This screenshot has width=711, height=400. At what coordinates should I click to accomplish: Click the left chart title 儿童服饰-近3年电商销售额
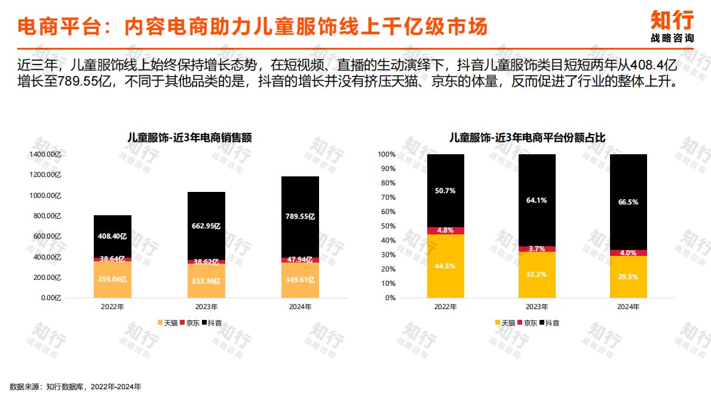[x=189, y=137]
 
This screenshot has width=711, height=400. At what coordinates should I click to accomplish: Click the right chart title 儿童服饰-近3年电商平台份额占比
[x=528, y=137]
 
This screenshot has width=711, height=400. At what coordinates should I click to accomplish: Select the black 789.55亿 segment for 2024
[x=300, y=216]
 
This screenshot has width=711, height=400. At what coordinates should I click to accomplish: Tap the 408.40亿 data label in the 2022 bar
[x=112, y=236]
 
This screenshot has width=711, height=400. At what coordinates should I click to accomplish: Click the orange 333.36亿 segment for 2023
[x=206, y=281]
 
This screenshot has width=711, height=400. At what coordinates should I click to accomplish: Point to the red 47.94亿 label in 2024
[x=300, y=260]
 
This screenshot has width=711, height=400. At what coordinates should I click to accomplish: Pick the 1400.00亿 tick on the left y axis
[x=46, y=154]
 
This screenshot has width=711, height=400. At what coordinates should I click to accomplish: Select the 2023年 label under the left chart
[x=206, y=307]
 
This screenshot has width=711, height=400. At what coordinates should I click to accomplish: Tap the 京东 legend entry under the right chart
[x=527, y=323]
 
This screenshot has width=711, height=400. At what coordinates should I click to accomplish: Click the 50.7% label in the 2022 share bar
[x=446, y=191]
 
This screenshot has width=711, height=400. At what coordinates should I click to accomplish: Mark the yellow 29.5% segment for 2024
[x=629, y=277]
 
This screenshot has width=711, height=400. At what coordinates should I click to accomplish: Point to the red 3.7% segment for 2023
[x=537, y=249]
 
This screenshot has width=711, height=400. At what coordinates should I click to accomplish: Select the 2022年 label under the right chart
[x=446, y=307]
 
